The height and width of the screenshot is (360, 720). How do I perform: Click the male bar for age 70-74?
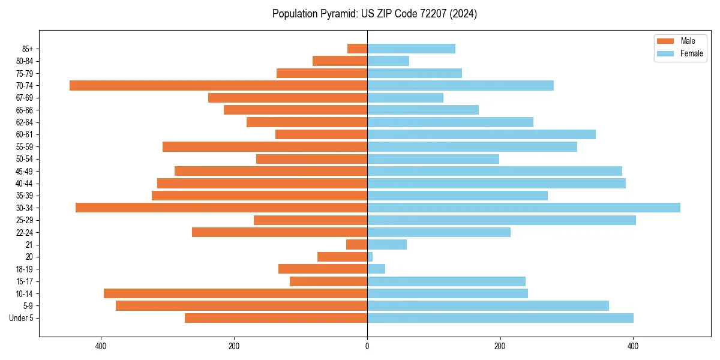[218, 86]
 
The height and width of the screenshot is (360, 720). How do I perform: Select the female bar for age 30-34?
[523, 208]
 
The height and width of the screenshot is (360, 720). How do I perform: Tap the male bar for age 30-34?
[221, 208]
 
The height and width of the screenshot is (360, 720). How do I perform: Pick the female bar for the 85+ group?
[411, 49]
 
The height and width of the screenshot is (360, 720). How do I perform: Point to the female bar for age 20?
[370, 257]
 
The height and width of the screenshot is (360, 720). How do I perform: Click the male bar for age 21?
[357, 244]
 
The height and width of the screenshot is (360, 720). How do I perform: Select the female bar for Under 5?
[500, 318]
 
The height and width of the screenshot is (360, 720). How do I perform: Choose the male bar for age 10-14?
[235, 293]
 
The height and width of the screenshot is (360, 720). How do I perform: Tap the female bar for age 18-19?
[376, 269]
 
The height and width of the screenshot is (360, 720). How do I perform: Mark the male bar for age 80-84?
[340, 61]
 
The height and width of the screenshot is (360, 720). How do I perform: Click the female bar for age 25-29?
[501, 220]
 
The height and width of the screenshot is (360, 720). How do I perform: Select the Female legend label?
[691, 53]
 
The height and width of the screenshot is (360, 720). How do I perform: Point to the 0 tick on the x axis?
[367, 346]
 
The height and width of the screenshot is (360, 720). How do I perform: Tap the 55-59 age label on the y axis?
[25, 147]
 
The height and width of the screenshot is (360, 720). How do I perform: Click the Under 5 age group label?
[22, 318]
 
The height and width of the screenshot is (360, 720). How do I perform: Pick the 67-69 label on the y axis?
[25, 98]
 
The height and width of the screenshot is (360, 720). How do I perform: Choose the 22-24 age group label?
[25, 232]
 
